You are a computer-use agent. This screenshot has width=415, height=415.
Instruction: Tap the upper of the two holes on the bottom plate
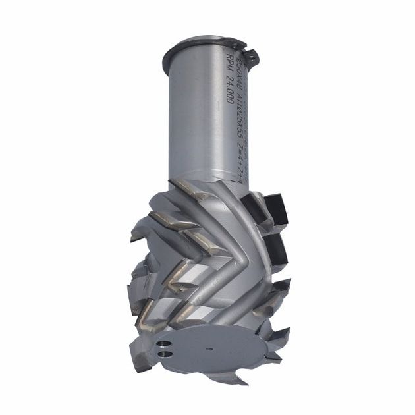pos(161,342)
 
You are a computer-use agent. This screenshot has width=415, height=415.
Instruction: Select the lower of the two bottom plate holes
pos(162,354)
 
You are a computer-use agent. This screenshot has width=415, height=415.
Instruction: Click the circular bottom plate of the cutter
pos(211,346)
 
